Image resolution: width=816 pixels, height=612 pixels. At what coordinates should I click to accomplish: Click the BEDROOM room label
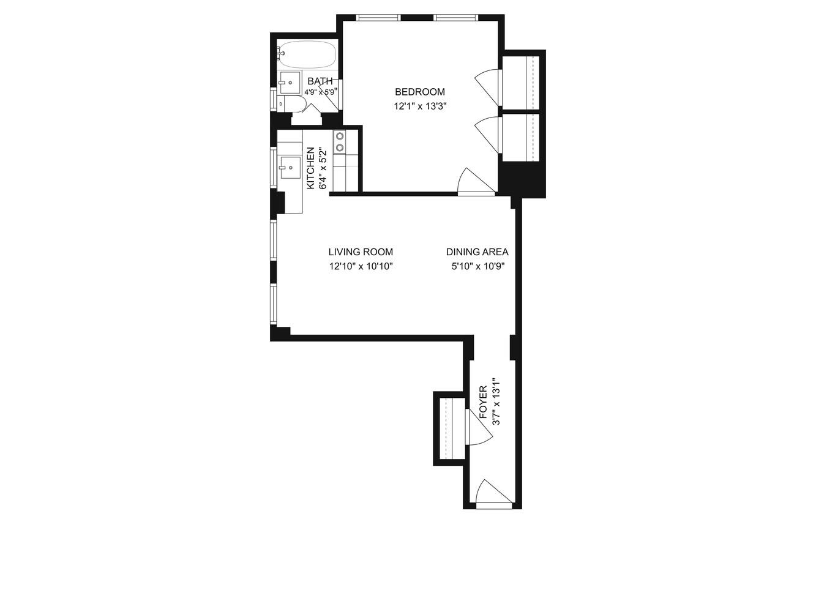tap(419, 92)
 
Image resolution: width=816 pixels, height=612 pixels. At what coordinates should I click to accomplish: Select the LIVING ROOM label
tap(361, 252)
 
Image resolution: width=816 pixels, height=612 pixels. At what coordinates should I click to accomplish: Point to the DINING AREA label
tap(477, 252)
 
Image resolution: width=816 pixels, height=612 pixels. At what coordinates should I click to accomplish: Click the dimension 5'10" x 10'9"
tap(477, 266)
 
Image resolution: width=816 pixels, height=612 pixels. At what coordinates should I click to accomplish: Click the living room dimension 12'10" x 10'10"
tap(361, 266)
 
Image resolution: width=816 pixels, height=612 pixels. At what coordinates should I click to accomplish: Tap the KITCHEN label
tap(310, 168)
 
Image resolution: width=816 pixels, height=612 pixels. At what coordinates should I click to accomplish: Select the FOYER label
tap(483, 403)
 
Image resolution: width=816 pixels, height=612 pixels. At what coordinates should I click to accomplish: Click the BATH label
tap(320, 81)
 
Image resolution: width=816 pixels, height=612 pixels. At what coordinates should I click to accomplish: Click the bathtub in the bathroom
tap(307, 55)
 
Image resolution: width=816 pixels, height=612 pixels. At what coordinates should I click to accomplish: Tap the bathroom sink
tap(290, 82)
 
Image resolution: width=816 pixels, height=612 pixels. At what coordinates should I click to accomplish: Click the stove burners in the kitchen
tap(339, 142)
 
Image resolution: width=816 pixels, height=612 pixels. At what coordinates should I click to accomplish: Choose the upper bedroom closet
tap(521, 81)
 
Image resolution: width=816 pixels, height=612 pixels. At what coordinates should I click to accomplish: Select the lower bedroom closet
tap(521, 136)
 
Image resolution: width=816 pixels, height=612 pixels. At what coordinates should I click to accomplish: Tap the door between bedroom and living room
tap(475, 182)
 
